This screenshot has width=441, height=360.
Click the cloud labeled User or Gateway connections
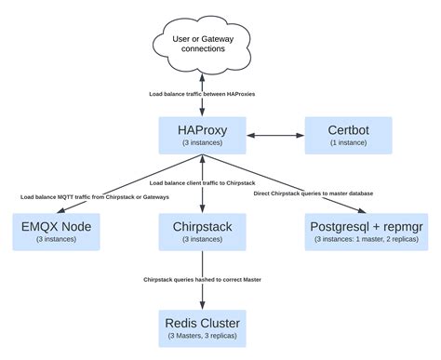[x=202, y=43]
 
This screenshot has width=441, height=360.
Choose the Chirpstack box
[x=202, y=231]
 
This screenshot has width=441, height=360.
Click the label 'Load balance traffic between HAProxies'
[x=202, y=95]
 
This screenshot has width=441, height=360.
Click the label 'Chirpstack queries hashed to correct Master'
[x=202, y=278]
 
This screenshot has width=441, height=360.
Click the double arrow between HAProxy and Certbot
[x=273, y=137]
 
